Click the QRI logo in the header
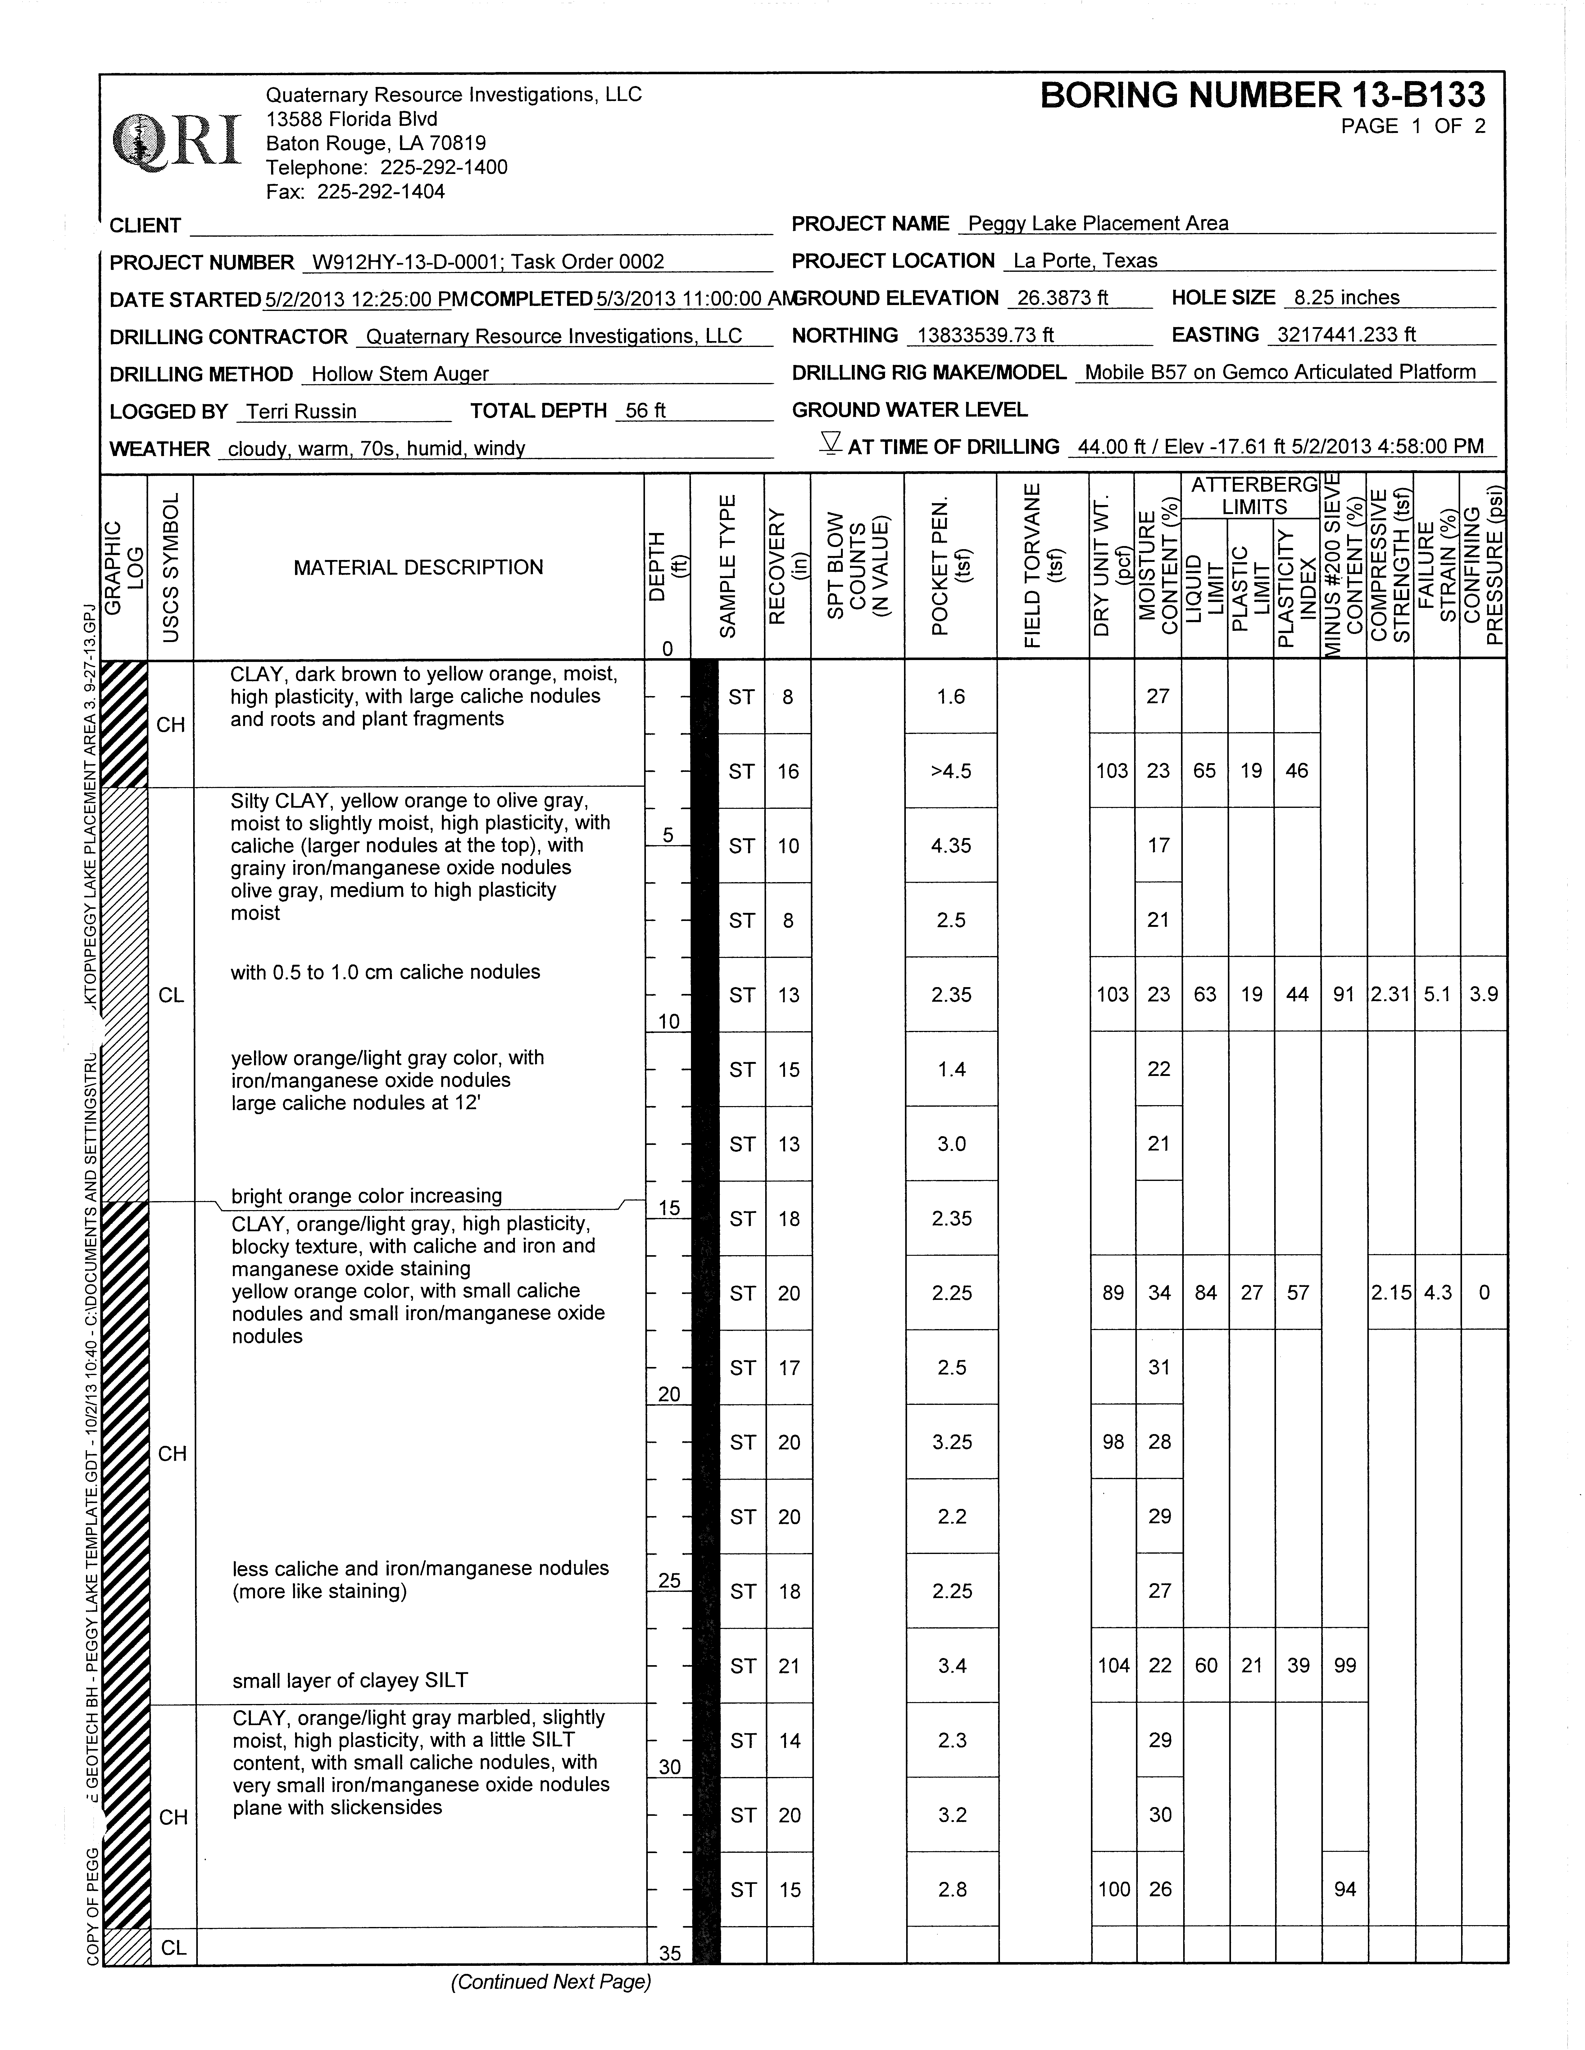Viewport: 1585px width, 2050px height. pos(176,141)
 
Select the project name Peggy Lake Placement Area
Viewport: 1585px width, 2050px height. pos(1098,223)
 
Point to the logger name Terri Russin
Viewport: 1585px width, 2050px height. pos(301,411)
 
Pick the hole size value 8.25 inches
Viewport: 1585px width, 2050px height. pos(1346,298)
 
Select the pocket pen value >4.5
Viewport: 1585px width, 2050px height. pos(951,771)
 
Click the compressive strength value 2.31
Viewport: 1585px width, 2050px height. pos(1390,994)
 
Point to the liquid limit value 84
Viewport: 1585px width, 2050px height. pos(1205,1292)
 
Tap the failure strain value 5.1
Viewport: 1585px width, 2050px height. pos(1437,994)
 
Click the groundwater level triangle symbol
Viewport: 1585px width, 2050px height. pos(829,443)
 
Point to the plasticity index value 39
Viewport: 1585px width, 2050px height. pos(1298,1665)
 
